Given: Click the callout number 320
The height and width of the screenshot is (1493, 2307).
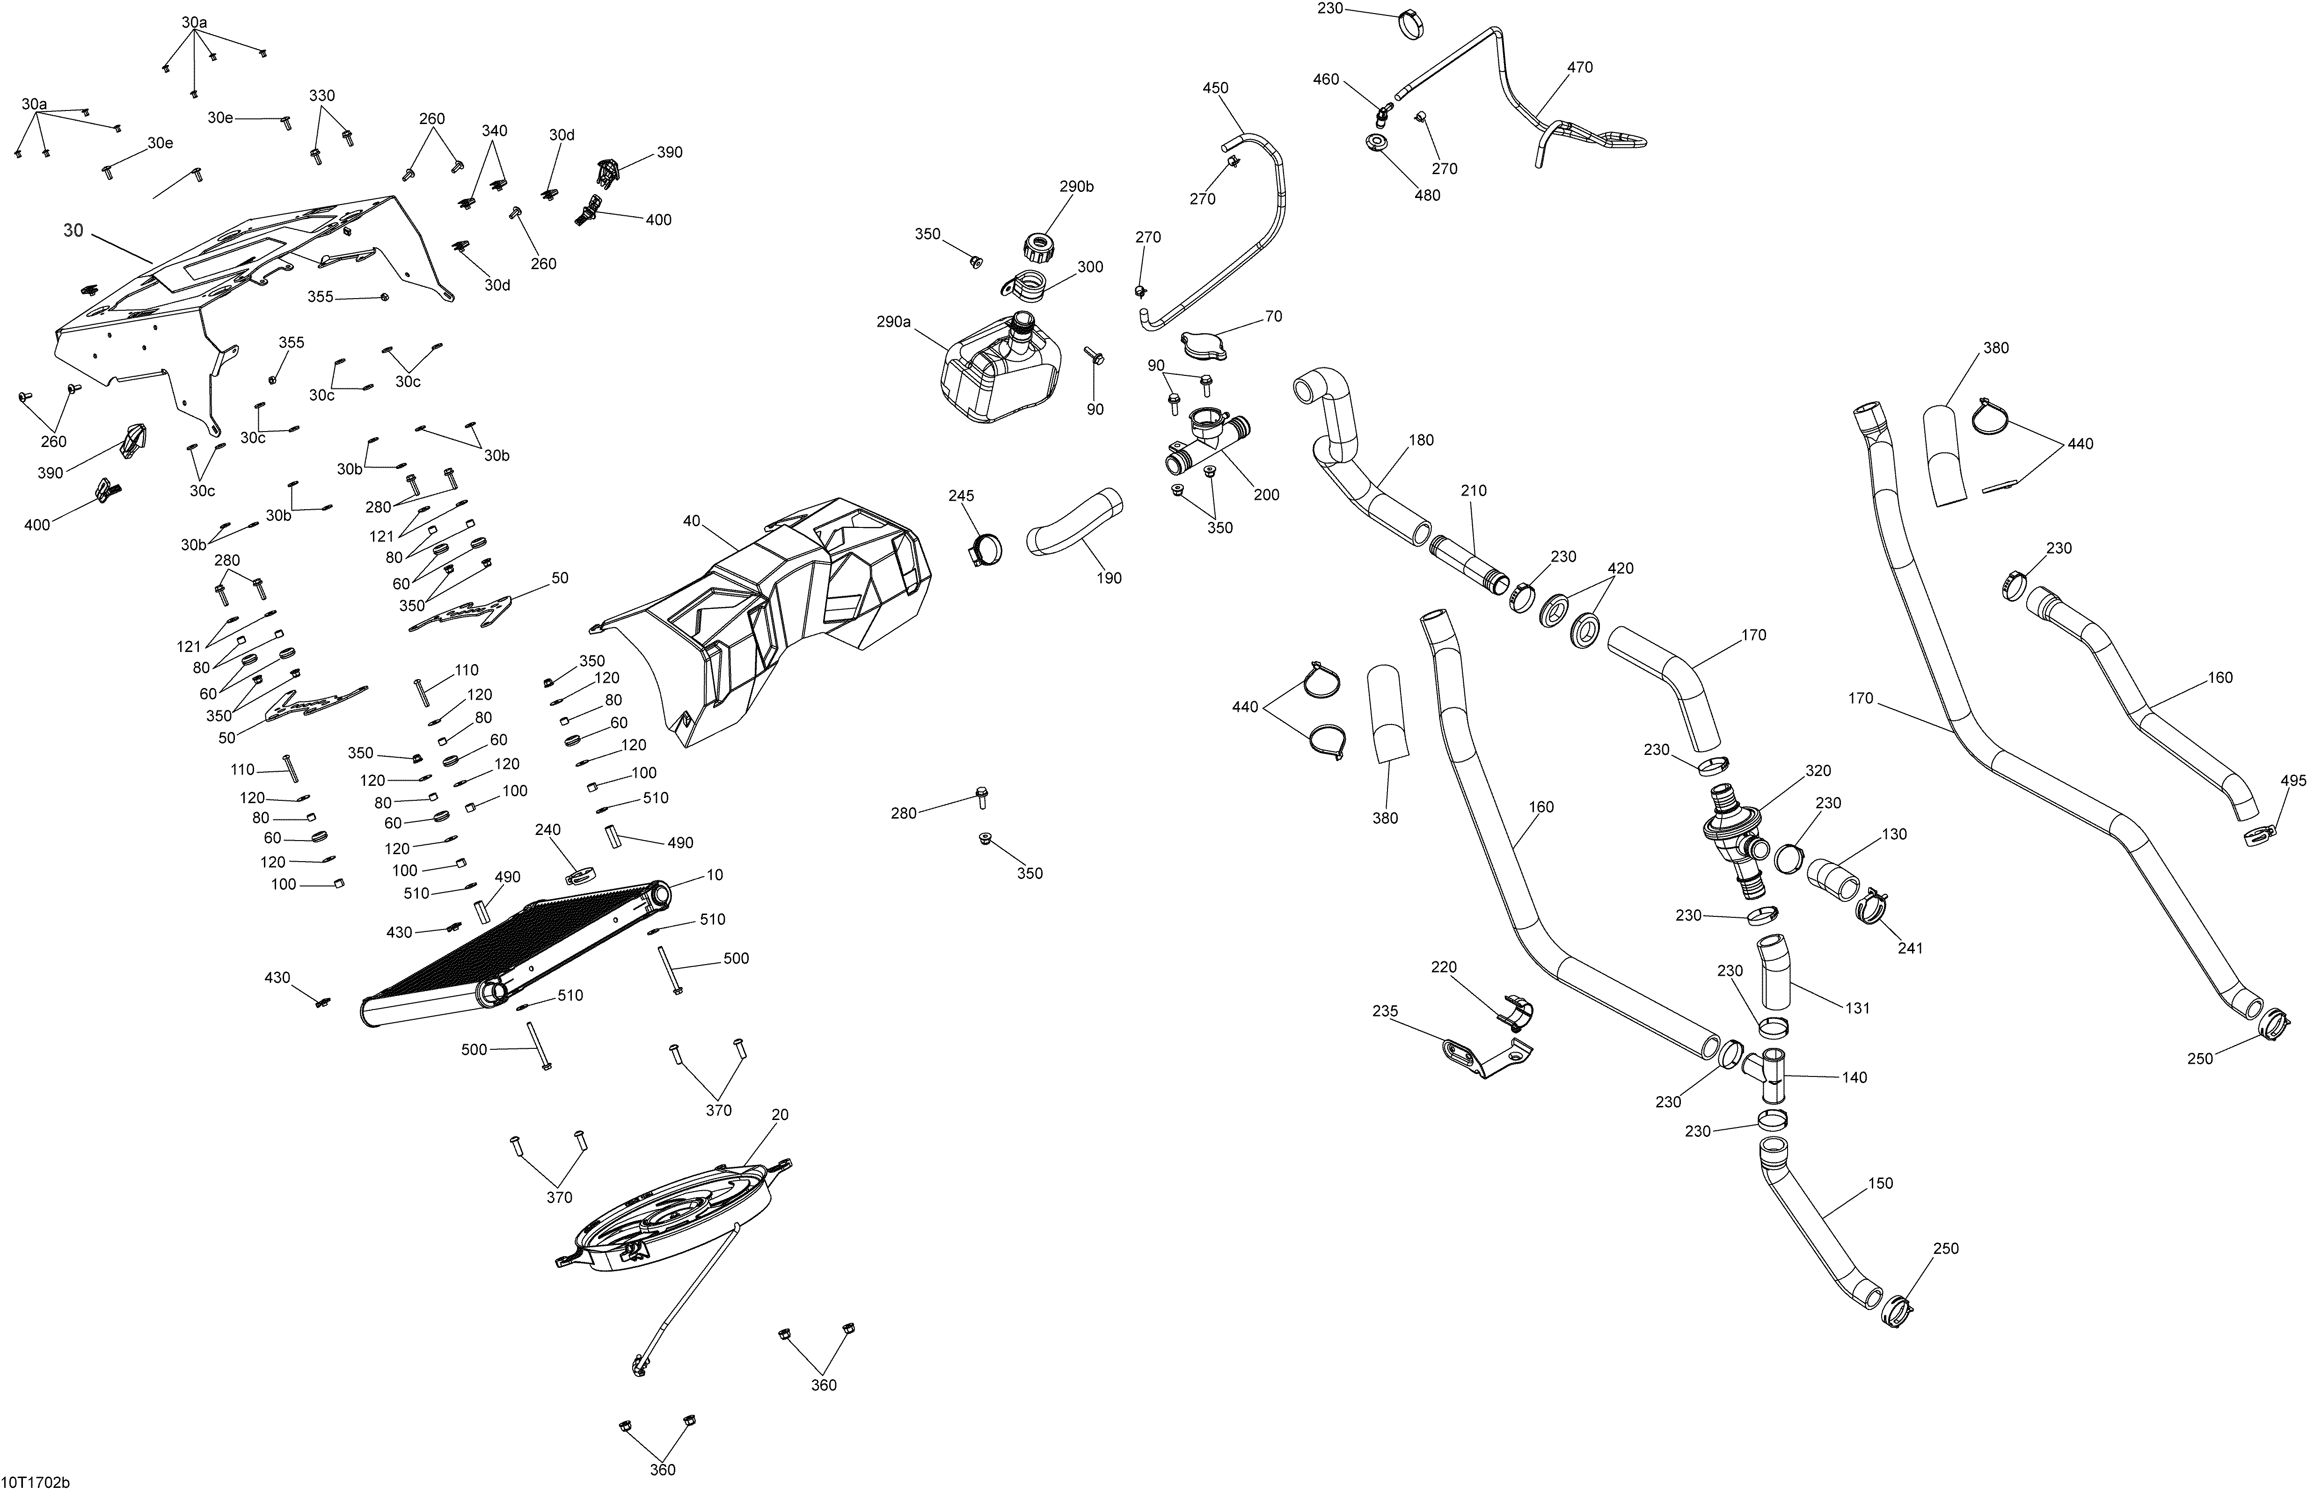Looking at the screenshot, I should pos(1818,771).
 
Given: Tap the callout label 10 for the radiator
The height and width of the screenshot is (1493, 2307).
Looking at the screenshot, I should pos(715,874).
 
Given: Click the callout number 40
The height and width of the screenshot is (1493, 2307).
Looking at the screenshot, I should pos(691,520).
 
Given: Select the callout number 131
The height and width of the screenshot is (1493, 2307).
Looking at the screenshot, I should pos(1857,1008).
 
